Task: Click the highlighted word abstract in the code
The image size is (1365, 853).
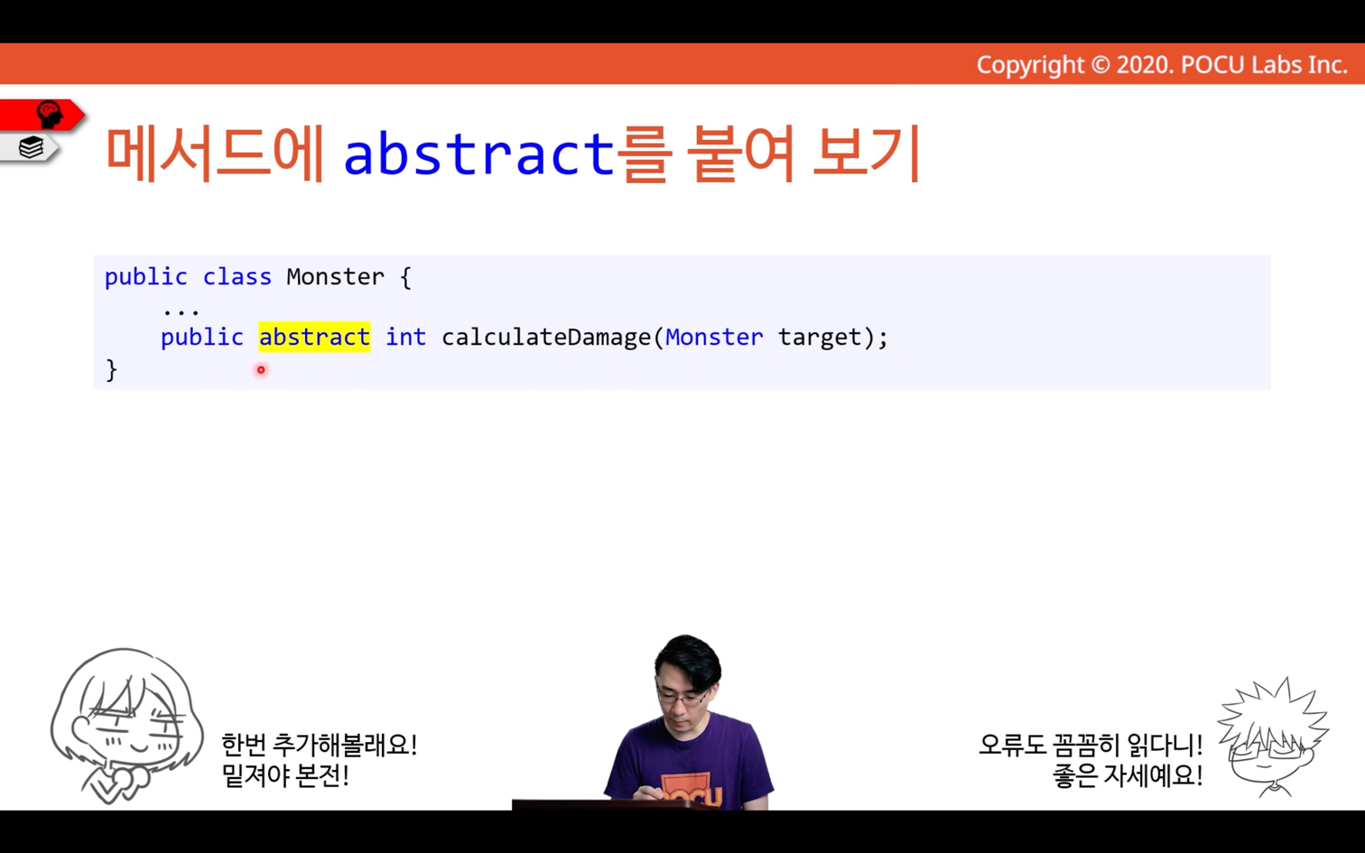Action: tap(314, 337)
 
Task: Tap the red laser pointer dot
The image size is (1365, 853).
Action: tap(261, 370)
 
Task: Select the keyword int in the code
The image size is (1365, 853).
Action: tap(406, 337)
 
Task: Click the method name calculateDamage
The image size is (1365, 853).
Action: tap(546, 337)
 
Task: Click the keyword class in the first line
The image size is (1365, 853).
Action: tap(237, 277)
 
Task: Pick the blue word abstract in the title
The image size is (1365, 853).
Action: tap(479, 153)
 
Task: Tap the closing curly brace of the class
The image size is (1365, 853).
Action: tap(111, 370)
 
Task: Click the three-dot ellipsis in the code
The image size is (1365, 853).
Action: tap(181, 313)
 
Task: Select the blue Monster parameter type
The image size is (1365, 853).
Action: tap(714, 337)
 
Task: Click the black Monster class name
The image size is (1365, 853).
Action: tap(336, 277)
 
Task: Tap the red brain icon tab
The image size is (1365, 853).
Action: tap(42, 115)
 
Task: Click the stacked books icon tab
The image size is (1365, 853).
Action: tap(31, 147)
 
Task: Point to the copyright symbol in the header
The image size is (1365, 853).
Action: tap(1100, 65)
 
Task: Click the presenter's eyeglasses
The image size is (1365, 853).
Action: tap(682, 698)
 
